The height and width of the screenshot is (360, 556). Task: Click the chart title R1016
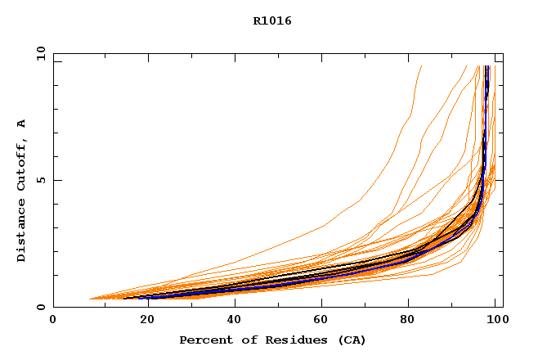(x=272, y=21)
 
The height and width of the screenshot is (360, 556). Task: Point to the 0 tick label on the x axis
(x=53, y=320)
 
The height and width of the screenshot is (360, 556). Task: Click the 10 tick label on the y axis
(x=41, y=54)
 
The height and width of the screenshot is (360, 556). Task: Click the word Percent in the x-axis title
(x=202, y=340)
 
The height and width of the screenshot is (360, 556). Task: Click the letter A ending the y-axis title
(x=21, y=124)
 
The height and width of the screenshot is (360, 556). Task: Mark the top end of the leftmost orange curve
(x=421, y=66)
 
